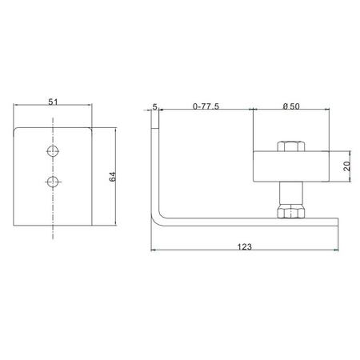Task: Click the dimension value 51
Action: click(x=53, y=102)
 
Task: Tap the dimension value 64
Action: click(x=113, y=177)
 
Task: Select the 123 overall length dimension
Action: click(x=245, y=246)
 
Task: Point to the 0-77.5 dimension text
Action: click(x=206, y=106)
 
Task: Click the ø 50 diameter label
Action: click(x=291, y=106)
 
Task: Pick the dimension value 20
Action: click(x=347, y=166)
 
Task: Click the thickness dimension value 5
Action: click(x=154, y=107)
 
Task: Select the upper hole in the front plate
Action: click(x=53, y=151)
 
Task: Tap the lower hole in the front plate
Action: click(x=53, y=182)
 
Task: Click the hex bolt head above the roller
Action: click(x=291, y=146)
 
